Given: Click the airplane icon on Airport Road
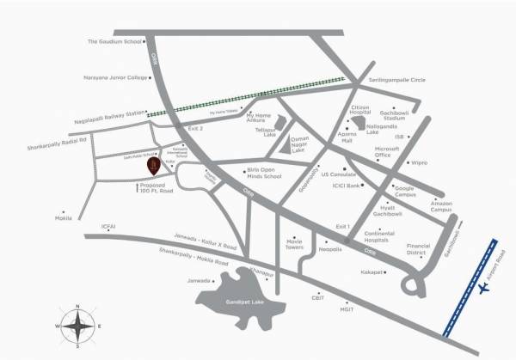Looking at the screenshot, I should coord(482,290).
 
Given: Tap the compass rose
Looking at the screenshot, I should coord(76,326).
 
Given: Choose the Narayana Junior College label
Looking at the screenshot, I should coord(114,75).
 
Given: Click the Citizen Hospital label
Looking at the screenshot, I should coord(360,109).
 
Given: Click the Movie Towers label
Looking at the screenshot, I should coord(298,245).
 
